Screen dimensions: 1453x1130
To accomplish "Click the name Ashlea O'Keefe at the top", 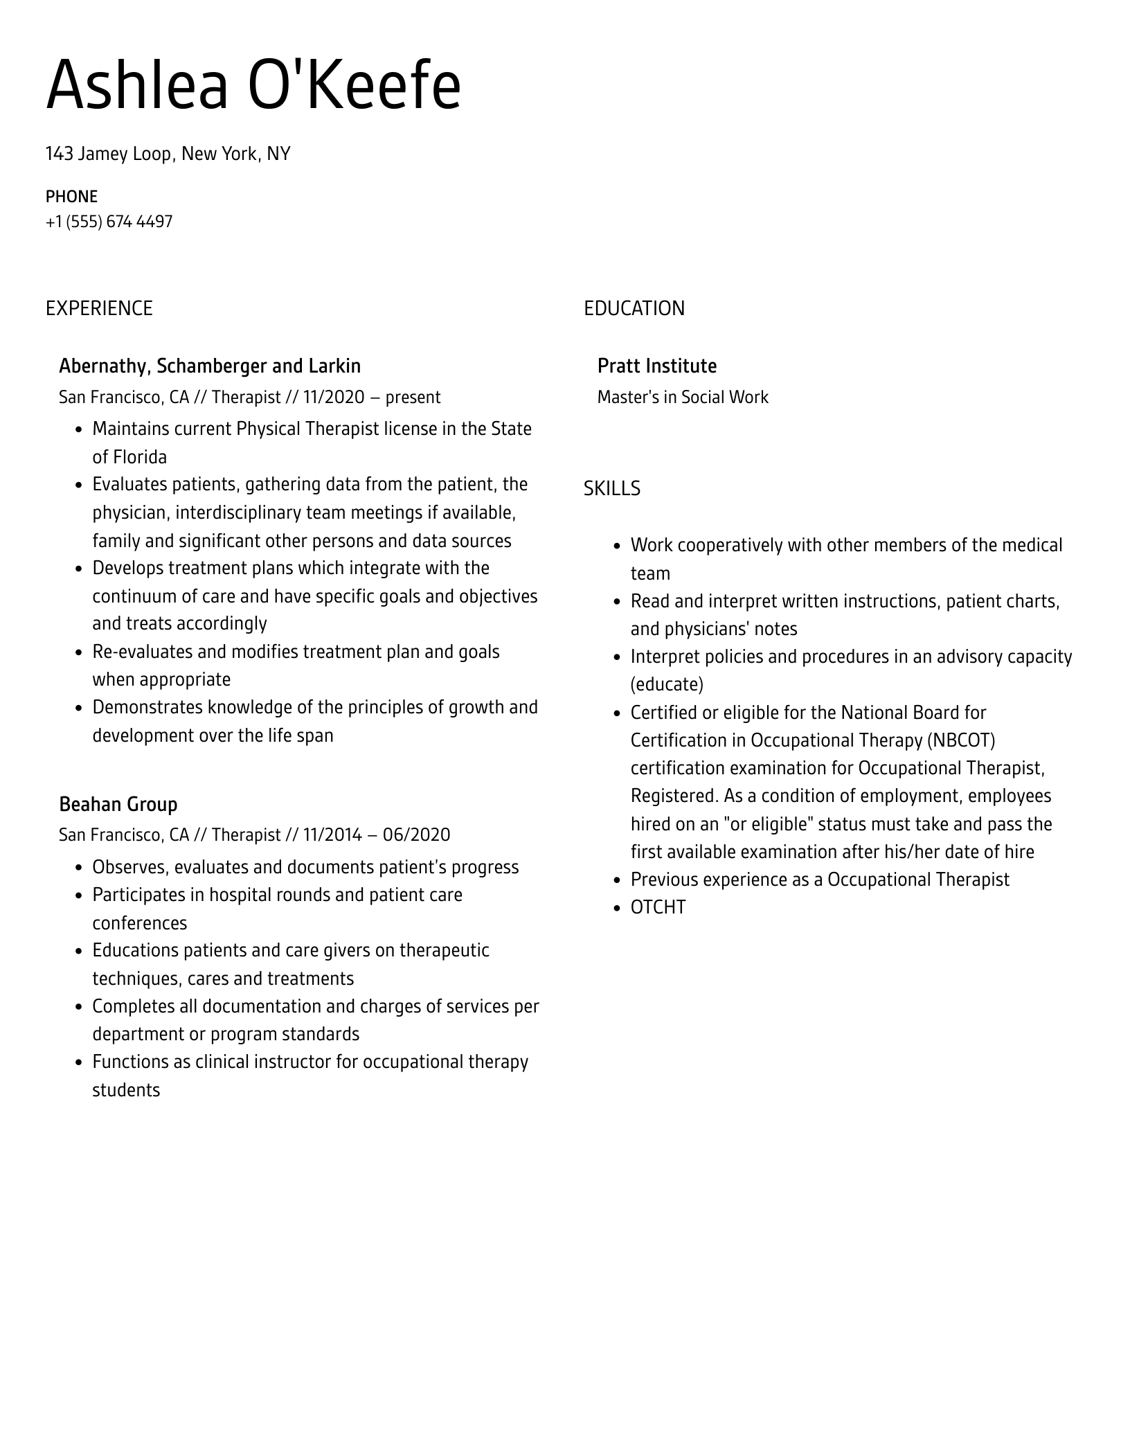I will [253, 86].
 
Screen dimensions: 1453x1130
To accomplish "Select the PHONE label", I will [71, 197].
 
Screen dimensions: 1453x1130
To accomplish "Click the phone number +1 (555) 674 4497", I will [109, 222].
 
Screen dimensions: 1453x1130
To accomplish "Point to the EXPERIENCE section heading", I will [99, 308].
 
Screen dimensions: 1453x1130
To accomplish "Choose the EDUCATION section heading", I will [634, 308].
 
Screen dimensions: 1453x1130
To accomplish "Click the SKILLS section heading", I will [611, 489].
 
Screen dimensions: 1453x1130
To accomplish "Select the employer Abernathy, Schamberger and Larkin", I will [210, 366].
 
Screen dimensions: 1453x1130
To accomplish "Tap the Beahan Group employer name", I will [118, 804].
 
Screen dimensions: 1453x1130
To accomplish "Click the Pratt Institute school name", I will [656, 366].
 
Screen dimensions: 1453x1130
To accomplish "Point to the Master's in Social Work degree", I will [682, 398].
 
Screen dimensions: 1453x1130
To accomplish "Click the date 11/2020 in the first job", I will [333, 398].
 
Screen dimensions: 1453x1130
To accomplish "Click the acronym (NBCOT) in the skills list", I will [961, 740].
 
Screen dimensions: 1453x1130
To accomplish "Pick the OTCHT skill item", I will [658, 907].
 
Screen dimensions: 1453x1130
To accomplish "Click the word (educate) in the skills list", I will [666, 685].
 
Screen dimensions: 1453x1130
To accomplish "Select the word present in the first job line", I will [413, 398].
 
